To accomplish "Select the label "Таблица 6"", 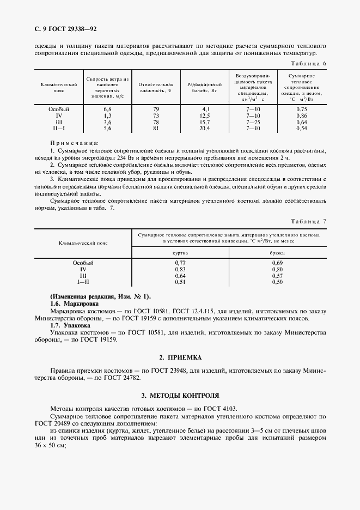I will [x=309, y=64].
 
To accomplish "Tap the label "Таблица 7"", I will [x=309, y=221].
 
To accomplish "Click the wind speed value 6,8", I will [x=107, y=110].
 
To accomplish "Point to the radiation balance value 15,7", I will [x=205, y=122].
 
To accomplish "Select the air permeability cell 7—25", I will [x=253, y=122].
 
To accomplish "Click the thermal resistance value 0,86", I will [x=302, y=116].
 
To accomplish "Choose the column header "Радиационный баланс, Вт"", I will [x=204, y=87].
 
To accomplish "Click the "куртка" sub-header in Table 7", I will [x=180, y=253].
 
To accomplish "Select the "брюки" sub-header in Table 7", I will [x=277, y=253].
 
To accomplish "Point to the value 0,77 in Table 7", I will [x=180, y=263].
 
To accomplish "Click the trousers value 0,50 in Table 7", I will [x=277, y=282].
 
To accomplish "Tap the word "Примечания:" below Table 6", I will [x=71, y=143].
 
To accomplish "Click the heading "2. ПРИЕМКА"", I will [x=180, y=357].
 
